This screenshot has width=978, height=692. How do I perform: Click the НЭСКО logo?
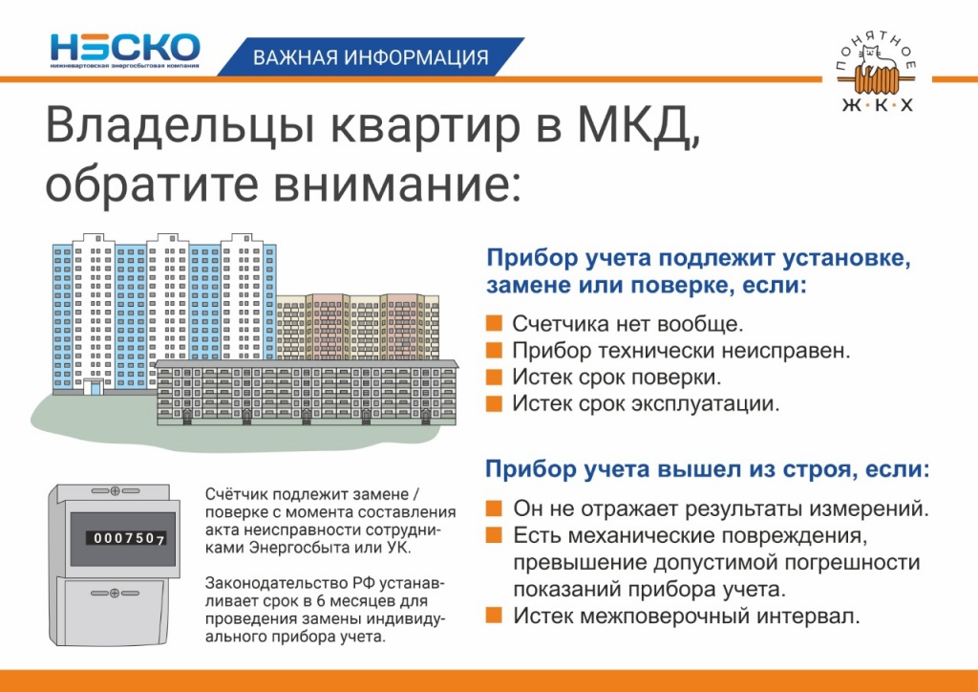pyautogui.click(x=125, y=50)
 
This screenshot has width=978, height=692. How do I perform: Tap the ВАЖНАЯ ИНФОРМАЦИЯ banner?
pyautogui.click(x=371, y=57)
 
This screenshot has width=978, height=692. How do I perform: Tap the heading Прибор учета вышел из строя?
pyautogui.click(x=707, y=469)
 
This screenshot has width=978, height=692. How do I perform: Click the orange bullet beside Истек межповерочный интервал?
pyautogui.click(x=494, y=615)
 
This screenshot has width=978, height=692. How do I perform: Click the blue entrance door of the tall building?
pyautogui.click(x=94, y=387)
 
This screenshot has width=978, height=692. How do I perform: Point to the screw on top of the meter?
pyautogui.click(x=115, y=491)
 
